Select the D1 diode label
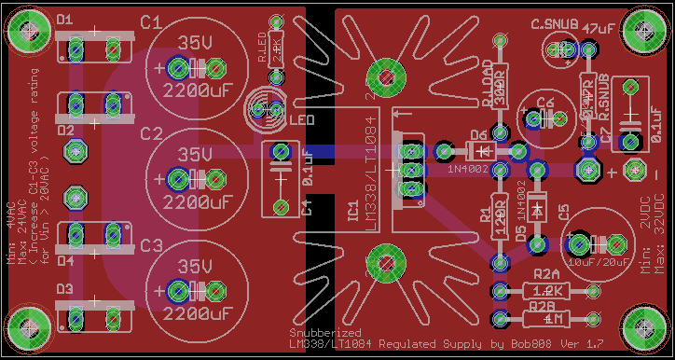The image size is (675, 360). (65, 20)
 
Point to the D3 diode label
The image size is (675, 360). (64, 290)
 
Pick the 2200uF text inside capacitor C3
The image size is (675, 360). (196, 312)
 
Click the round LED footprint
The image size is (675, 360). (267, 111)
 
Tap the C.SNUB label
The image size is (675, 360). (554, 24)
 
